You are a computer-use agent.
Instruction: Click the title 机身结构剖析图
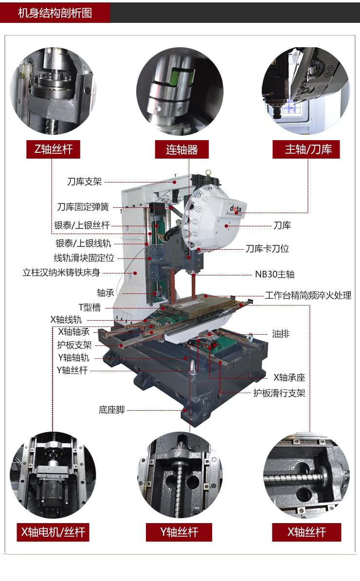(54, 13)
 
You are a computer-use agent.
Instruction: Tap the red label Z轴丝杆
(53, 149)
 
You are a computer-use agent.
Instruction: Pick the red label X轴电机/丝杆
(53, 532)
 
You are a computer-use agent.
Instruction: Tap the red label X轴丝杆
(306, 532)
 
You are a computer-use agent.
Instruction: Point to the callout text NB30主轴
(274, 274)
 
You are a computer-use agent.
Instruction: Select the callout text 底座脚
(111, 410)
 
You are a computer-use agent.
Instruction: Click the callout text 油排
(281, 334)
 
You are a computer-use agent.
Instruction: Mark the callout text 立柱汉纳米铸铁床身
(61, 272)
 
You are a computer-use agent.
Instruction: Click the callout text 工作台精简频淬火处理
(307, 295)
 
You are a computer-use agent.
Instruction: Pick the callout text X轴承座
(289, 377)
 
